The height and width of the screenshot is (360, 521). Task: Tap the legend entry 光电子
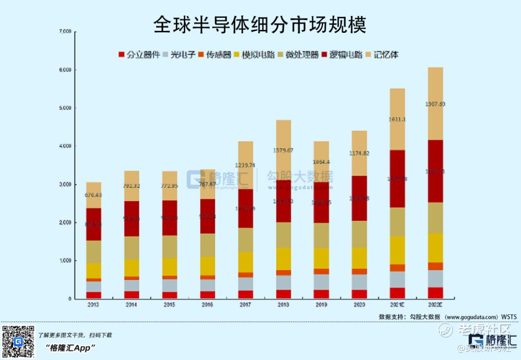pos(179,55)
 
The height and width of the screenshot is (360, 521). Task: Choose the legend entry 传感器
pos(215,55)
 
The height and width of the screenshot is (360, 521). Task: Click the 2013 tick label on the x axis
pos(94,305)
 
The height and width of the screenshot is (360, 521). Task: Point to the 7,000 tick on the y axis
pos(65,32)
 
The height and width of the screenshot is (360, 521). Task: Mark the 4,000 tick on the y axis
pos(65,146)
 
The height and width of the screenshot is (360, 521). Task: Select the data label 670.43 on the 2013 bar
pos(94,195)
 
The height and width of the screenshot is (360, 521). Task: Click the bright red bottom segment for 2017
pos(246,294)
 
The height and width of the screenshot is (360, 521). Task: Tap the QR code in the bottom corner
pos(18,342)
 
